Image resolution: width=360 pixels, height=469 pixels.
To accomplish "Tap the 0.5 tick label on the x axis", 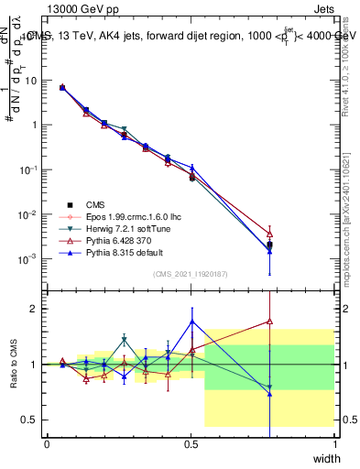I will (x=191, y=443).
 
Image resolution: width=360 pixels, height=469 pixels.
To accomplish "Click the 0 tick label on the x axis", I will (x=47, y=443).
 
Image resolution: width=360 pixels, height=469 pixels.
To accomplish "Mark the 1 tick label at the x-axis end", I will (x=334, y=443).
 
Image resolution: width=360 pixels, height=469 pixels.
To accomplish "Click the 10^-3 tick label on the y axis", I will (x=28, y=259).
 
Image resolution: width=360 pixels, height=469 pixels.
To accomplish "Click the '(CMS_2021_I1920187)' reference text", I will (x=191, y=274).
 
